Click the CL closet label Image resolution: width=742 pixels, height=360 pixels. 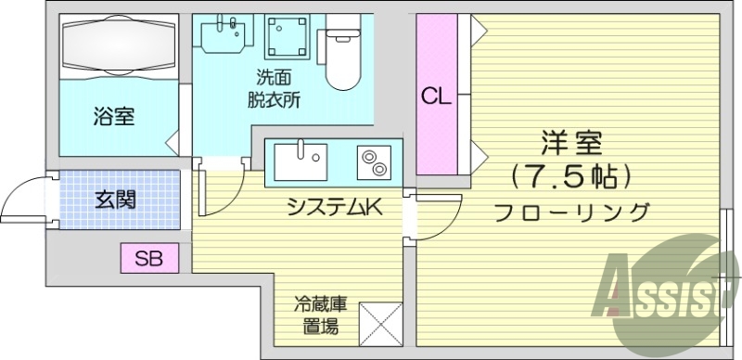(x=436, y=97)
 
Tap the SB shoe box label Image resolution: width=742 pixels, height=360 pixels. (x=149, y=259)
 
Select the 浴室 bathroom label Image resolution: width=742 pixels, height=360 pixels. (x=113, y=117)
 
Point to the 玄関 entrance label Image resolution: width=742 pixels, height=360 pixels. (x=115, y=199)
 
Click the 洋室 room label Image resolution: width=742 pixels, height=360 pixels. (x=571, y=143)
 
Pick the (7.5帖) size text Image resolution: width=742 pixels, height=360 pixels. (x=571, y=178)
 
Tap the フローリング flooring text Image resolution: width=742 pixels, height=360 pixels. (x=571, y=212)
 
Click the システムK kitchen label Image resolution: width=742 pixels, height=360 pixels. (x=335, y=207)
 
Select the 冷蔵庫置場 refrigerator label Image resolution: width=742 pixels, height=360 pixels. (x=320, y=315)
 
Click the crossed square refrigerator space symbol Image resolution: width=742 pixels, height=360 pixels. (x=380, y=324)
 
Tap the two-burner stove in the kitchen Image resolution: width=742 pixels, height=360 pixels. (x=374, y=162)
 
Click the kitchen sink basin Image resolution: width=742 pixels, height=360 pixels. (x=301, y=161)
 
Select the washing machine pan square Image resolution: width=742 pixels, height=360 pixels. (x=288, y=37)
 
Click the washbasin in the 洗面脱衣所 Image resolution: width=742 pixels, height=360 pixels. (x=225, y=34)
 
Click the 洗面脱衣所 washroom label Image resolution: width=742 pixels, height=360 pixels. (x=274, y=88)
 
